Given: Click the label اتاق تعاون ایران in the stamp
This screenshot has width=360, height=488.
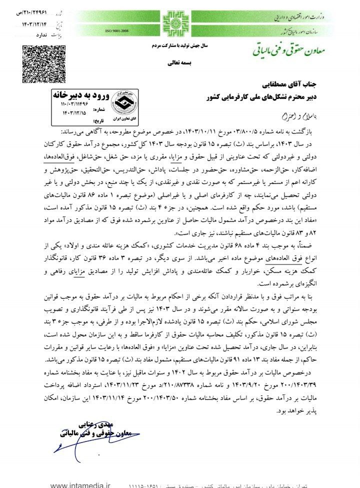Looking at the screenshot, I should (120, 115).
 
